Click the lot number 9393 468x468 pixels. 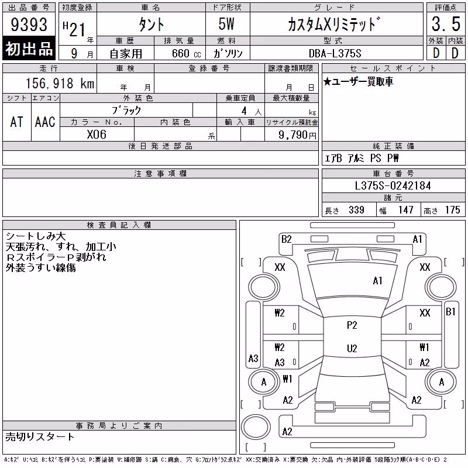29,24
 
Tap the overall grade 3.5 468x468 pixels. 446,24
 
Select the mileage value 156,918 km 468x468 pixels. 60,83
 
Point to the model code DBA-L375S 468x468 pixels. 335,53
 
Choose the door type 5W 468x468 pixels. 226,24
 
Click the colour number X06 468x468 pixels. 97,135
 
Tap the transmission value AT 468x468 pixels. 17,122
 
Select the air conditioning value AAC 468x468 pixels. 45,122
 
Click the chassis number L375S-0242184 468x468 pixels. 393,185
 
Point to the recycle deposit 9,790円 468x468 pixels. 297,135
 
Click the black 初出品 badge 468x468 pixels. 29,48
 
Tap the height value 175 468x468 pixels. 452,210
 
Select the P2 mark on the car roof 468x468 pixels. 352,325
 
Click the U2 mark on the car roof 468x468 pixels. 352,348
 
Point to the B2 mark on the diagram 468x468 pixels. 286,239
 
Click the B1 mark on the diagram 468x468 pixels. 450,312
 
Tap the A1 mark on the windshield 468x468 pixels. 377,281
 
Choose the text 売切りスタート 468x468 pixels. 40,436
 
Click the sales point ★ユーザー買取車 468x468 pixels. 358,81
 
